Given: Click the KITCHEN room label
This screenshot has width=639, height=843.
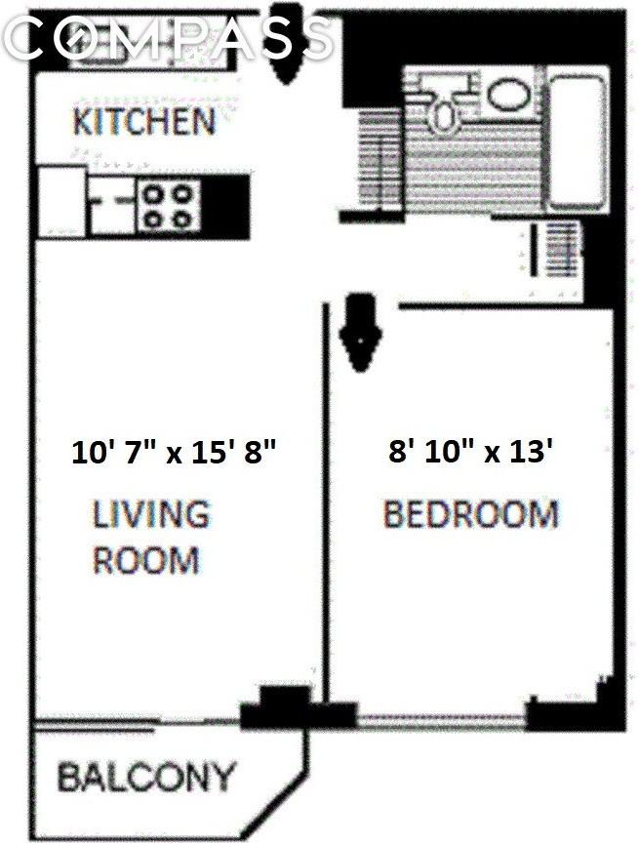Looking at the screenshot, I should point(144,123).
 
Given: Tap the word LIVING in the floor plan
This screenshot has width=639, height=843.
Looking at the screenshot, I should point(150,514).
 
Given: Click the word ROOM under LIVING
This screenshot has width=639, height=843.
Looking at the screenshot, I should point(146,560).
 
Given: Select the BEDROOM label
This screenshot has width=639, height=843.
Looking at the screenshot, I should point(470,514).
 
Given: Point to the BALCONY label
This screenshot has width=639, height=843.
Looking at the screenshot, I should point(146,778).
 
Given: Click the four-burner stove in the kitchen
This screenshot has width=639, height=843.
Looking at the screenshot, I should point(169,205).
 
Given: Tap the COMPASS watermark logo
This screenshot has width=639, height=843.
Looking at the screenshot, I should point(171,38).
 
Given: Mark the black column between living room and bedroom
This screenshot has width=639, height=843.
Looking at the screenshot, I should point(283,709).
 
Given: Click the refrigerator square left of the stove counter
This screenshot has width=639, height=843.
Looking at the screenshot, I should point(60,201).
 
